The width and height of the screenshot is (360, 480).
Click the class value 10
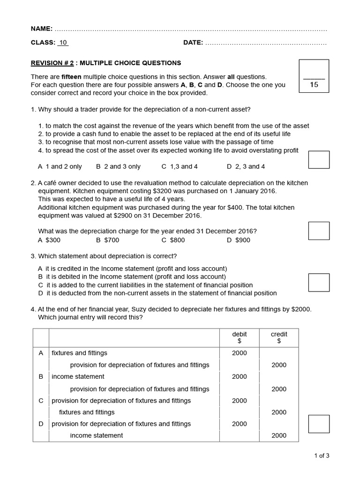[x=63, y=43]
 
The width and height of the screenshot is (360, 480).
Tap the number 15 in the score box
[x=314, y=85]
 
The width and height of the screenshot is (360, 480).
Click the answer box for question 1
[x=319, y=159]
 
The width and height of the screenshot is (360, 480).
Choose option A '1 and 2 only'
[x=60, y=166]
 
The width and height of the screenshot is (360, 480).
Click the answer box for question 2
[x=319, y=231]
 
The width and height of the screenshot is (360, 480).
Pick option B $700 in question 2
[x=107, y=240]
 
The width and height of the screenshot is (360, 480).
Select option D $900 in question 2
[x=239, y=240]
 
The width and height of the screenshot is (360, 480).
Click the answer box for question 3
[x=319, y=282]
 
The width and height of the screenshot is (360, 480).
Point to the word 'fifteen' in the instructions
[x=72, y=76]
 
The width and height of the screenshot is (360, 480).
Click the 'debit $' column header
[x=239, y=337]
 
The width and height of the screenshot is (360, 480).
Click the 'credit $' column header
[x=279, y=337]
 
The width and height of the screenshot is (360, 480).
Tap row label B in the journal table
[x=41, y=376]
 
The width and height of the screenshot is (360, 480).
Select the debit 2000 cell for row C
[x=239, y=401]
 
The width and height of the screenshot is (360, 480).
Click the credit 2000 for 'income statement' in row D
[x=279, y=435]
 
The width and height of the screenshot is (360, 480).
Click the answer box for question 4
[x=319, y=424]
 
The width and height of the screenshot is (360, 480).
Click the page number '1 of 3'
[x=322, y=455]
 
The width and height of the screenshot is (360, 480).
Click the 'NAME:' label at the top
[x=42, y=29]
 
